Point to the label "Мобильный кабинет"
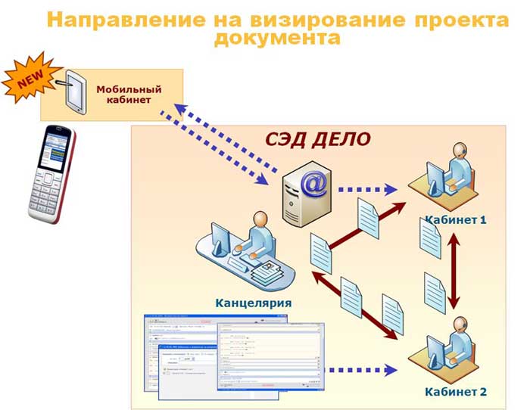[x=123, y=94]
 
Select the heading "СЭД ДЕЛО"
[x=317, y=138]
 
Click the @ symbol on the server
[x=311, y=182]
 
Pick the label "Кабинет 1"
[x=455, y=220]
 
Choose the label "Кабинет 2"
[x=455, y=392]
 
